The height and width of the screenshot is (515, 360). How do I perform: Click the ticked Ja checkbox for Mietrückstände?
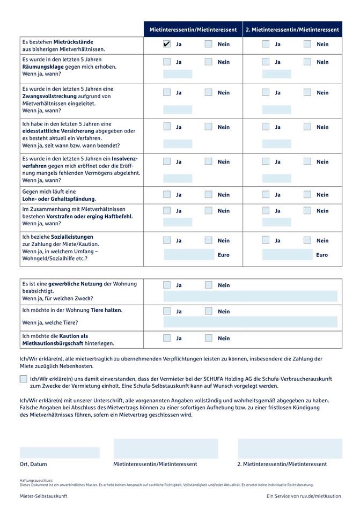(167, 44)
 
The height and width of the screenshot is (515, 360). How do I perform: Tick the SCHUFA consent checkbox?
(23, 379)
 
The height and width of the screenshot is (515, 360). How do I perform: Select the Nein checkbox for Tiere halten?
(209, 311)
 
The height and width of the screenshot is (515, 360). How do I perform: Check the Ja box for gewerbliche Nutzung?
(167, 285)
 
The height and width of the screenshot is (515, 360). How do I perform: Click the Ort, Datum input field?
(60, 452)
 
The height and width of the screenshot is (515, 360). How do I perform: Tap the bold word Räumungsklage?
(42, 67)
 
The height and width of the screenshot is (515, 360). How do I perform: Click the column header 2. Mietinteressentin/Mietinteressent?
(292, 30)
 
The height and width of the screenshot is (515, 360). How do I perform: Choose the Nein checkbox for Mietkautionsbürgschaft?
(209, 338)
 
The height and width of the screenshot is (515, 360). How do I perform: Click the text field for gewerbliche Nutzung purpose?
(250, 296)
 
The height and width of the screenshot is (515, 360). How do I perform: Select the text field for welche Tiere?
(250, 322)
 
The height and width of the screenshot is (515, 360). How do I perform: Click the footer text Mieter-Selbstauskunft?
(43, 496)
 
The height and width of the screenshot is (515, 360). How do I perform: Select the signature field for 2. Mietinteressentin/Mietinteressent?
(290, 448)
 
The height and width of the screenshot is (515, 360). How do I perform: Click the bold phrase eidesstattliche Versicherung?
(58, 131)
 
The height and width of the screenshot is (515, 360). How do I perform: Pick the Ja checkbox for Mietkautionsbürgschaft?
(167, 338)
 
